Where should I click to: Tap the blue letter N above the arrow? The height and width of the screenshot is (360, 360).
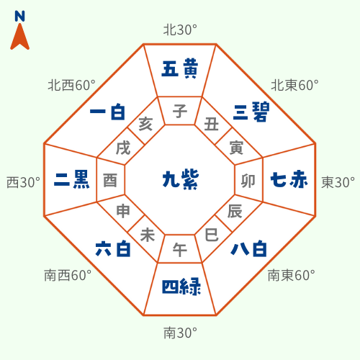(x=19, y=17)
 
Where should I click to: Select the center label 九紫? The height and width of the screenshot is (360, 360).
(x=181, y=179)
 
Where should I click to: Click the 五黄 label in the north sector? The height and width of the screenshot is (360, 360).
(x=180, y=69)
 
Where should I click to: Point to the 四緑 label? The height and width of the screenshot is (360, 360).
(x=181, y=287)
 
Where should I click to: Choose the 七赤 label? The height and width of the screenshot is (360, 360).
(x=289, y=179)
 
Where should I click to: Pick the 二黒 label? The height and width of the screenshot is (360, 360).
(x=72, y=179)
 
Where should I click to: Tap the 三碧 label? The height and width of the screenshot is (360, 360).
(x=251, y=112)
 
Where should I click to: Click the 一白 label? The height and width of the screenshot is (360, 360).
(x=107, y=112)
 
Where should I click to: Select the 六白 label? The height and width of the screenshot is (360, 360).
(x=113, y=249)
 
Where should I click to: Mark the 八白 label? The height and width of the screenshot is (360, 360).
(x=248, y=249)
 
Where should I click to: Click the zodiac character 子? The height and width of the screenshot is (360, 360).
(x=180, y=112)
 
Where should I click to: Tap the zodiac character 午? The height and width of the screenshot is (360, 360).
(x=180, y=250)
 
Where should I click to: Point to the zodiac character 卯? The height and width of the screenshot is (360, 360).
(x=248, y=181)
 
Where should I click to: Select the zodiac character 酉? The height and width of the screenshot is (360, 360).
(x=110, y=181)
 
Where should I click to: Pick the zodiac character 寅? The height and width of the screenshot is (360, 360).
(x=236, y=148)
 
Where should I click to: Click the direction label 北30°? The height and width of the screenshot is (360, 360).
(x=180, y=30)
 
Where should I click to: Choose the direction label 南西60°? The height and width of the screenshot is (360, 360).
(x=68, y=275)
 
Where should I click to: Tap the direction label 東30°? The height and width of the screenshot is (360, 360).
(x=338, y=182)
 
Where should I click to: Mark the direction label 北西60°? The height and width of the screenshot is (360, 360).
(x=72, y=85)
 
